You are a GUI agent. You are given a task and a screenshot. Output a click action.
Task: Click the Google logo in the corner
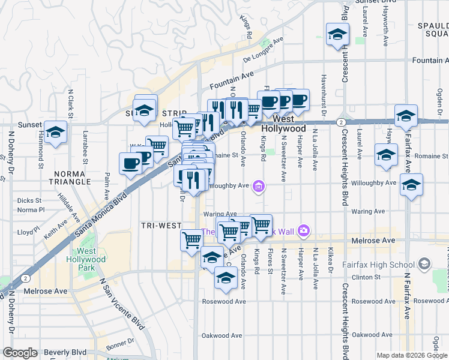[20, 353]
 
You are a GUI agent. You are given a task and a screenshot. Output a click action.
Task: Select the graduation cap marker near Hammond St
[55, 133]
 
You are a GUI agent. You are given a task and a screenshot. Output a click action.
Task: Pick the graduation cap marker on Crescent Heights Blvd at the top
[337, 35]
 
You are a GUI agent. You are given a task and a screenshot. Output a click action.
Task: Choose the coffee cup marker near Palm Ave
[130, 163]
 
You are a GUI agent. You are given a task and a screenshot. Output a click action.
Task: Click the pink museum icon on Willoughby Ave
[259, 187]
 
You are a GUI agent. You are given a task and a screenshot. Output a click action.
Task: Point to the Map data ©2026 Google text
[411, 355]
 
